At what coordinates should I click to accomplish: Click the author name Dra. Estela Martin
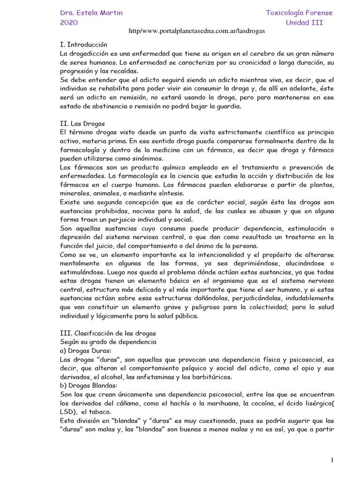[91, 13]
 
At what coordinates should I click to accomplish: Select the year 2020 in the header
[69, 22]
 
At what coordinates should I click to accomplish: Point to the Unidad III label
[305, 22]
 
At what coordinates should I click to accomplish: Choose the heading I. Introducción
[84, 45]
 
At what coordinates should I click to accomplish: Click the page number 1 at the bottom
[331, 460]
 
